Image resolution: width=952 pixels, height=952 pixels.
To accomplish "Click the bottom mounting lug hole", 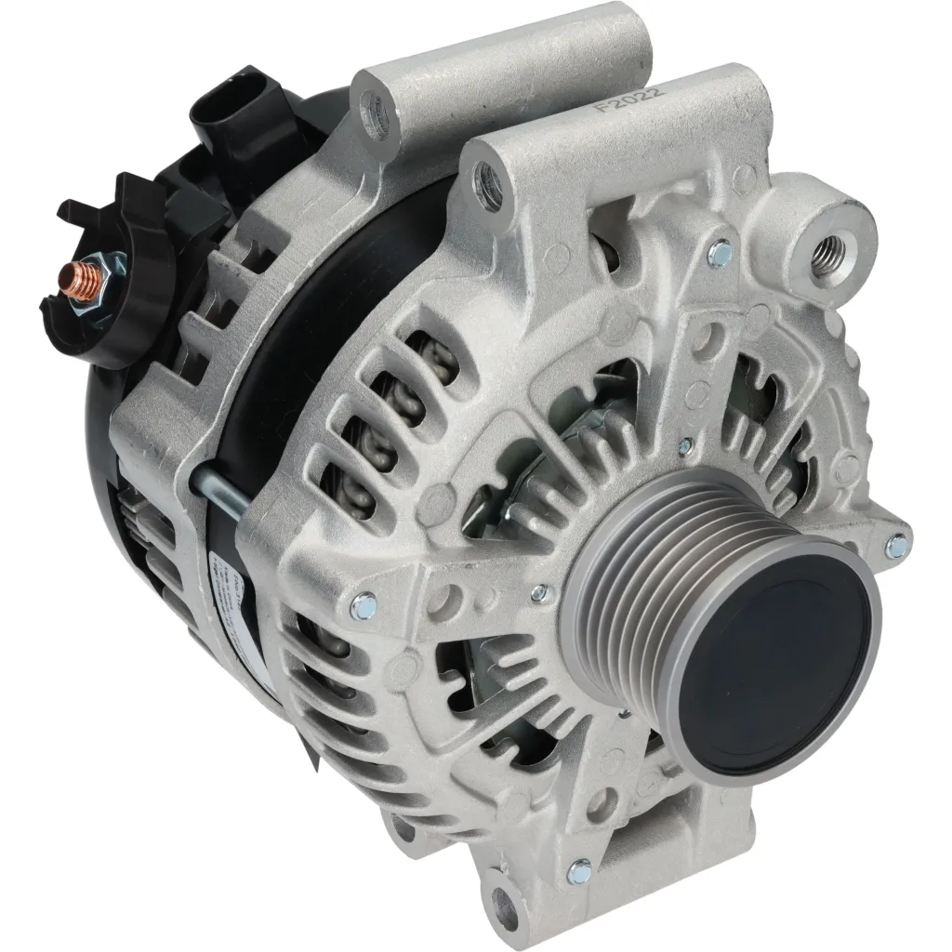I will [x=506, y=899].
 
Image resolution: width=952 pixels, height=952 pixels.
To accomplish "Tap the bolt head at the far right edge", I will [x=897, y=547].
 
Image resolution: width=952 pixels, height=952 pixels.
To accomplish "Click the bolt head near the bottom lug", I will [x=579, y=871].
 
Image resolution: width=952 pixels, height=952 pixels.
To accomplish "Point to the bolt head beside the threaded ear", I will [x=719, y=250].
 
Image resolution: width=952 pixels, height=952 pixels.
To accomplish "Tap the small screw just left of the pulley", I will [x=537, y=592].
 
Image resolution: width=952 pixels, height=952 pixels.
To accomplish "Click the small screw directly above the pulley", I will [x=685, y=447].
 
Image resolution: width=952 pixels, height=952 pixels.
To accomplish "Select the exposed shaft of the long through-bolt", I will [x=223, y=492].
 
